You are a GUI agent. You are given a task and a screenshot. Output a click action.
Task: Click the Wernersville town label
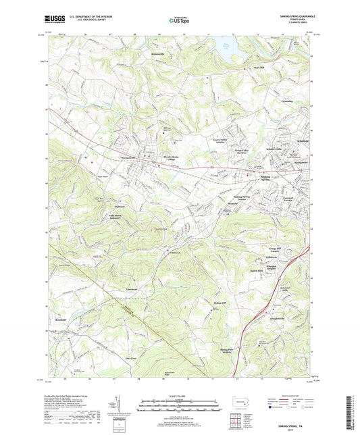[x=130, y=158]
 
